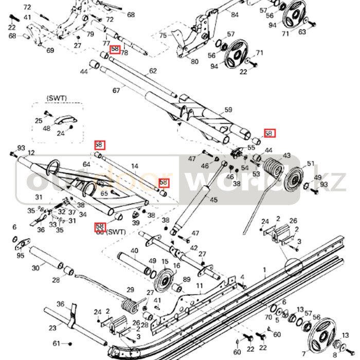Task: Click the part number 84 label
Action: point(235,15)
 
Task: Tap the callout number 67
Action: point(116,91)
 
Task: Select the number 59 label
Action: point(228,110)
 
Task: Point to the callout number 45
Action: point(214,200)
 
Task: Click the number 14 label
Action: point(135,166)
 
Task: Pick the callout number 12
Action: point(31,153)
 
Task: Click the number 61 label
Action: point(56,343)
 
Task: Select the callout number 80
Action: point(194,62)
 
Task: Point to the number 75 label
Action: point(163,35)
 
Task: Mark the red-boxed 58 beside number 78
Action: point(115,50)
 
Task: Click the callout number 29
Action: point(130,290)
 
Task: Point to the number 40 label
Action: point(134,251)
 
